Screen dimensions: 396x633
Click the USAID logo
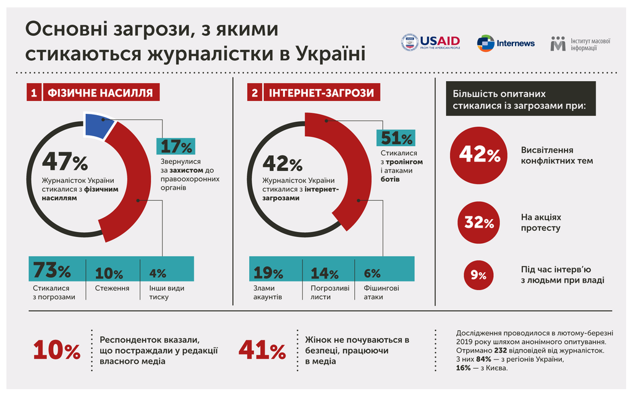[x=431, y=42]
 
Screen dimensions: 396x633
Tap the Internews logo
[x=506, y=43]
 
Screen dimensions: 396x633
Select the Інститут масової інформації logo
[x=580, y=43]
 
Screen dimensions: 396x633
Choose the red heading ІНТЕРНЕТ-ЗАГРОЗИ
[x=321, y=93]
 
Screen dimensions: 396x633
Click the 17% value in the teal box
[x=177, y=146]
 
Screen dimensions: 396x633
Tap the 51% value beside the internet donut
[x=396, y=138]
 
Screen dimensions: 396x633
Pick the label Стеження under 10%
[x=111, y=288]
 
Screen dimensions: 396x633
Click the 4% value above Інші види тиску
[x=158, y=273]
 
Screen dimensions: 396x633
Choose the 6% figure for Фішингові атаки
[x=372, y=273]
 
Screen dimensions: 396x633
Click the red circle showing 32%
[x=479, y=222]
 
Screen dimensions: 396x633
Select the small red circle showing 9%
[x=478, y=275]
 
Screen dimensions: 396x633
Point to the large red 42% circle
[x=480, y=155]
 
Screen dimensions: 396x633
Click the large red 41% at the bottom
[x=262, y=350]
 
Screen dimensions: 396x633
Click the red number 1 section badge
[x=33, y=93]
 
